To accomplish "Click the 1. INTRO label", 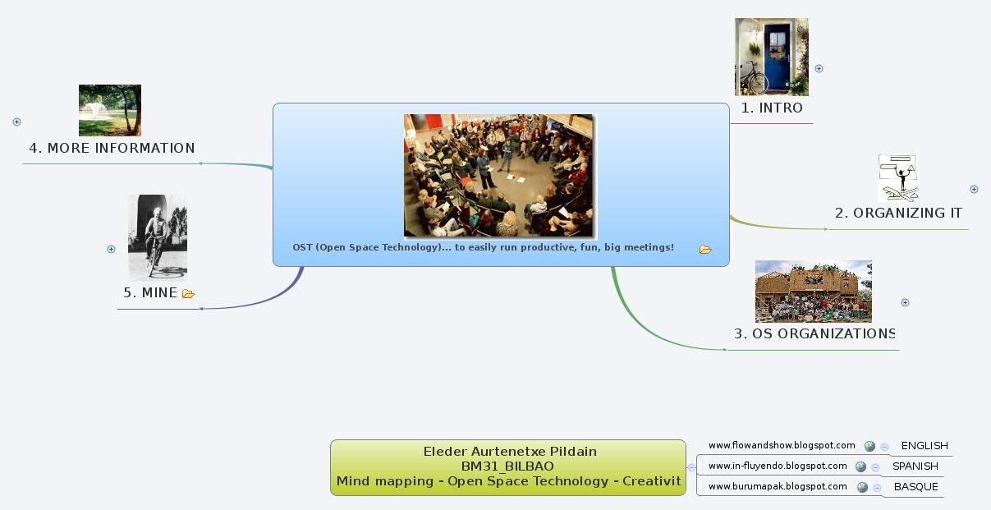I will tap(771, 108).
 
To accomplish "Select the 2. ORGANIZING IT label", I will tap(898, 213).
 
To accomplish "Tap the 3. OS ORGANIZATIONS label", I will tap(814, 334).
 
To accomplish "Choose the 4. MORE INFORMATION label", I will tap(112, 149).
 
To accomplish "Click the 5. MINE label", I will tap(150, 293).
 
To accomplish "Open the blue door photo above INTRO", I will tap(771, 57).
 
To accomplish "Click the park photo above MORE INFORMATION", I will tap(110, 110).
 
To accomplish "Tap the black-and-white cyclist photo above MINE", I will tap(158, 237).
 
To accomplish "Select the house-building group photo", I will tap(813, 292).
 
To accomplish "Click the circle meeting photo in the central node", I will tap(499, 176).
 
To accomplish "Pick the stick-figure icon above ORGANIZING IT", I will tap(897, 178).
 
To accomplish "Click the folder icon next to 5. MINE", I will tap(188, 294).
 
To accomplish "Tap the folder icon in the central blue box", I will tap(705, 250).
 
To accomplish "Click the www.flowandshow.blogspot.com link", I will tap(782, 446).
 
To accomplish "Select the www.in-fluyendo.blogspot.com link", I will tap(778, 466).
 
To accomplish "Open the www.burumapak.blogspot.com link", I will tap(778, 487).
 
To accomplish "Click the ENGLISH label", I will tap(924, 446).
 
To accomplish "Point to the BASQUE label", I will tap(915, 487).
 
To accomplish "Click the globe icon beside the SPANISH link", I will tap(860, 466).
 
